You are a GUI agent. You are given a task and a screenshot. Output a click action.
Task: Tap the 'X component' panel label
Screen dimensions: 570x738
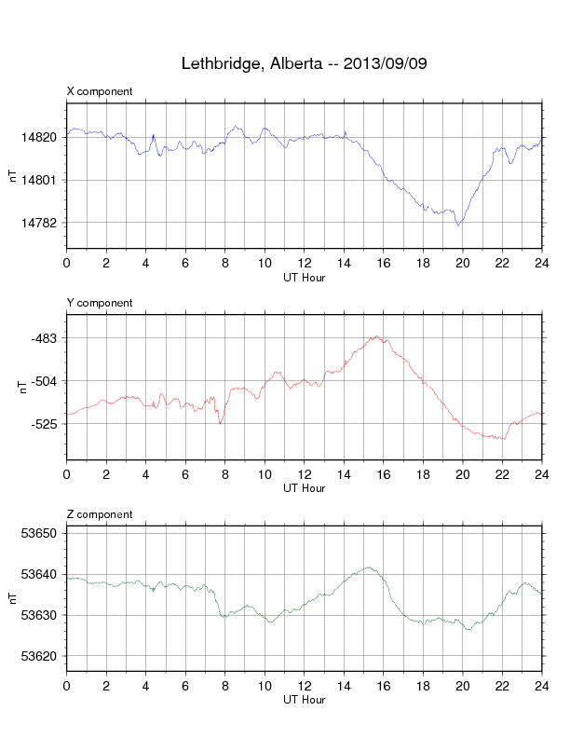pos(100,91)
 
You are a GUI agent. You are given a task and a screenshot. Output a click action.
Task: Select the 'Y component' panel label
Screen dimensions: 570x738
pos(100,303)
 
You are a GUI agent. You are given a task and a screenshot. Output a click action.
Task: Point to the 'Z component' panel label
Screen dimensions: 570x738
pos(100,514)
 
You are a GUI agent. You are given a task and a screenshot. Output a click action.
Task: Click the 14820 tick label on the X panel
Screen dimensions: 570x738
pos(38,137)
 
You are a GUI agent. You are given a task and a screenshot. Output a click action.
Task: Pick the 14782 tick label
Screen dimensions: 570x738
pos(38,223)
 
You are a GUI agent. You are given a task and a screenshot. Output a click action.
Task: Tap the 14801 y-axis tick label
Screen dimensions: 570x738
pos(38,180)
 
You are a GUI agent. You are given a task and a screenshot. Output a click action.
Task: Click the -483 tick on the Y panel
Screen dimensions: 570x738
pos(44,338)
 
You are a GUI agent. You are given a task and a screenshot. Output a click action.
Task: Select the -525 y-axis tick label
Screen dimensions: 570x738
pos(44,424)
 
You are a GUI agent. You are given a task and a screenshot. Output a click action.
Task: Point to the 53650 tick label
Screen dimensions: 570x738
pos(38,533)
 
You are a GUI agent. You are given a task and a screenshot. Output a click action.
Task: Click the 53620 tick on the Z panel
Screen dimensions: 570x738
pos(38,656)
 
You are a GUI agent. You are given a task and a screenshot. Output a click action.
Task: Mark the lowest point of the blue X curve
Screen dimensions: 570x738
pos(459,225)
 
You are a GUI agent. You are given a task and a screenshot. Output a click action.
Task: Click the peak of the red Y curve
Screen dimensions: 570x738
pos(376,336)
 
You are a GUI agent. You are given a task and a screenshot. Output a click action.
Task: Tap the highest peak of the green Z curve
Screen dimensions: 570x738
pos(370,567)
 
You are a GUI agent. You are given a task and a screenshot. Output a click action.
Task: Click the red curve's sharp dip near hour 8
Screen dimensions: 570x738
pos(220,424)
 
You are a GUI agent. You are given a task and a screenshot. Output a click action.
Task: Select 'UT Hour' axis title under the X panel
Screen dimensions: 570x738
pos(305,278)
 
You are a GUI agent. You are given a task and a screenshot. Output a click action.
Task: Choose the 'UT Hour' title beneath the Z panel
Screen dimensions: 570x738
pos(305,700)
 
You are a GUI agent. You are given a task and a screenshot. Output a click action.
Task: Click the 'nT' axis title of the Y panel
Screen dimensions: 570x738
pos(22,388)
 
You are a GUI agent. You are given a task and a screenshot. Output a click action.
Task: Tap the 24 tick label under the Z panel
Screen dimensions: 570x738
pos(542,686)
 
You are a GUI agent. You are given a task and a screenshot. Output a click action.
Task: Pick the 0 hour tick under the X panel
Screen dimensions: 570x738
pos(67,263)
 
